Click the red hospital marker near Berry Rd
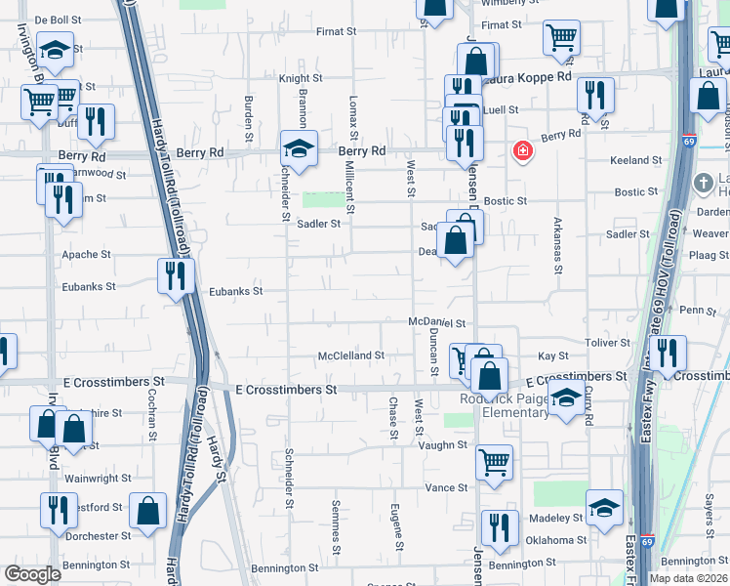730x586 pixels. coord(523,151)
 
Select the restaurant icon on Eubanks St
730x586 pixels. coord(176,275)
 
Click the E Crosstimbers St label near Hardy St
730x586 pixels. coord(286,389)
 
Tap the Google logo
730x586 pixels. coord(32,574)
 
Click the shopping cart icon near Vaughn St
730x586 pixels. coord(495,462)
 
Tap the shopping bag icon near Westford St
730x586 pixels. coord(147,511)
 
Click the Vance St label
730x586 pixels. coord(446,487)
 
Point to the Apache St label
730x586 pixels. coord(87,255)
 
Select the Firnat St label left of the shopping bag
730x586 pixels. coord(336,31)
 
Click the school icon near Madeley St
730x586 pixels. coord(605,507)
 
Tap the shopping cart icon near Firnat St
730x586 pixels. coord(562,38)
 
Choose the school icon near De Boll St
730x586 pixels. coord(56,50)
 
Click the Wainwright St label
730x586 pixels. coord(98,479)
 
